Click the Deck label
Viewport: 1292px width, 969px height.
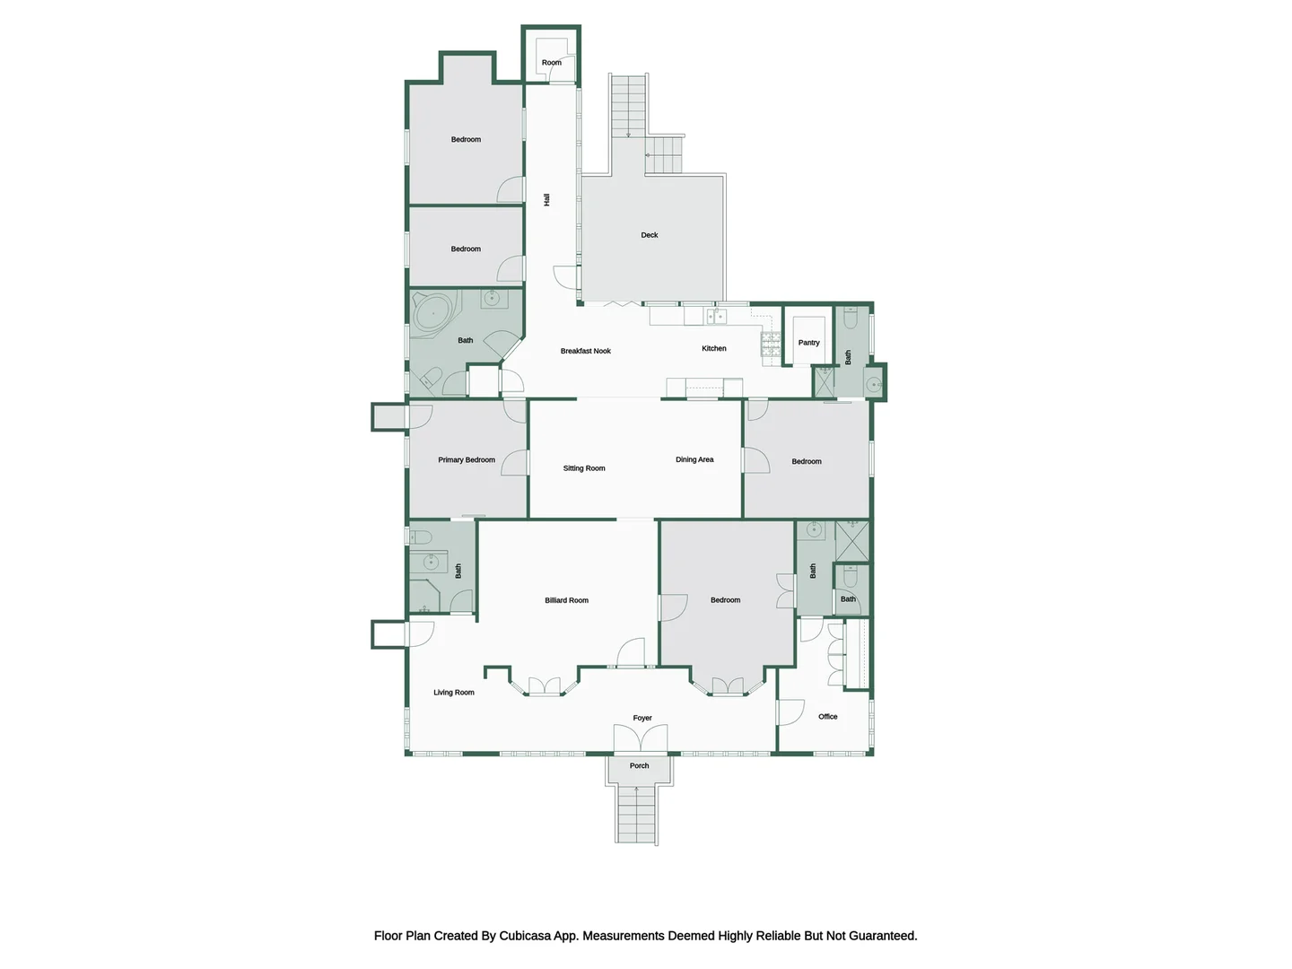click(x=649, y=235)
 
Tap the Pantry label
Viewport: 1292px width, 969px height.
click(x=808, y=343)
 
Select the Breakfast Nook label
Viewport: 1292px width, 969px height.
click(x=585, y=351)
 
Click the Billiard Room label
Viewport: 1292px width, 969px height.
click(x=566, y=600)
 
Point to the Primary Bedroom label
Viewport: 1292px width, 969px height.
click(x=466, y=459)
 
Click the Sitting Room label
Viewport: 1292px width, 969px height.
click(x=583, y=468)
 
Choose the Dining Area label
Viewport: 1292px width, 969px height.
click(x=694, y=459)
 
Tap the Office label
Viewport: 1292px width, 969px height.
click(x=827, y=717)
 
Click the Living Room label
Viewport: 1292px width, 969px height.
click(x=453, y=693)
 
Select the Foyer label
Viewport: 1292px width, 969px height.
click(x=642, y=718)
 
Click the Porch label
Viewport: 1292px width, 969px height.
click(x=639, y=766)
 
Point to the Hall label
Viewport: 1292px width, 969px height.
click(x=546, y=200)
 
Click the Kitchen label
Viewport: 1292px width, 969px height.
click(x=713, y=348)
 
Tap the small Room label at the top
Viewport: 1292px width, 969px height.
click(x=551, y=63)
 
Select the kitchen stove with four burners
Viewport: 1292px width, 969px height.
click(x=771, y=345)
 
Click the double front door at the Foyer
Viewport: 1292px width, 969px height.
click(x=640, y=739)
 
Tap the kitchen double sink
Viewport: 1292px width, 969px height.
click(x=716, y=317)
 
